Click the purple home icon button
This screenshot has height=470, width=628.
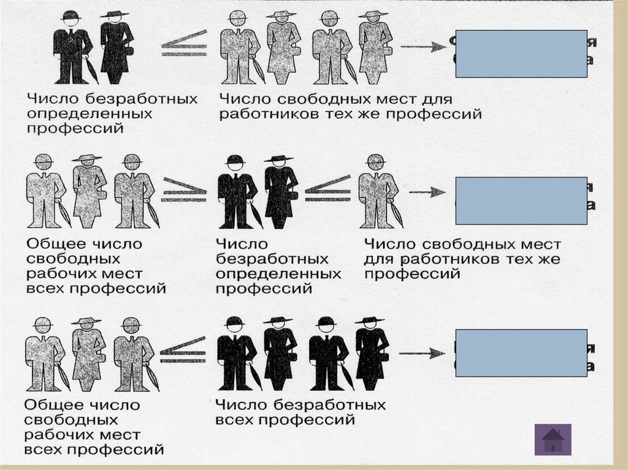tap(553, 439)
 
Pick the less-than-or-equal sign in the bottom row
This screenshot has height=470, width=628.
tap(177, 349)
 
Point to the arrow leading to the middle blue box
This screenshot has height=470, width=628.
tap(427, 192)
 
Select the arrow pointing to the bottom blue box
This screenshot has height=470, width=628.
tap(424, 354)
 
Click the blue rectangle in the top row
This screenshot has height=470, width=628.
tap(521, 54)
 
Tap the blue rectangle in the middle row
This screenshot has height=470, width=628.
tap(521, 200)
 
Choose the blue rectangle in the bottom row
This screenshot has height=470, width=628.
tap(521, 352)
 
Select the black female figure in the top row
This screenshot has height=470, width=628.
tap(116, 48)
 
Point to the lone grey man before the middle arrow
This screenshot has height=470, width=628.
tap(375, 191)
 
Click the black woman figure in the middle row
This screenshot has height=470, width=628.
tap(280, 191)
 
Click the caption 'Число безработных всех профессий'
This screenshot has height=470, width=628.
tap(300, 412)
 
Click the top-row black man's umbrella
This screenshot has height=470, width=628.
tap(91, 70)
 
